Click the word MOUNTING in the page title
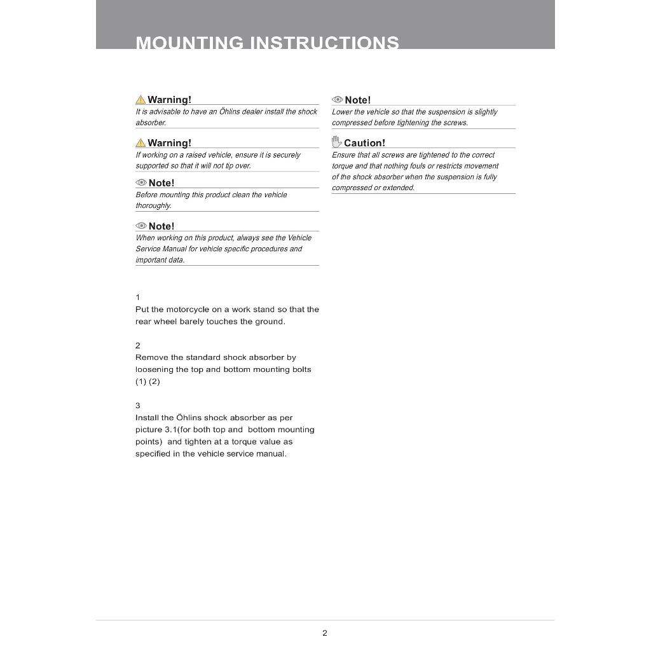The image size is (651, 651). (x=189, y=43)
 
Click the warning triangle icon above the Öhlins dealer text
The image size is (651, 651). (x=140, y=100)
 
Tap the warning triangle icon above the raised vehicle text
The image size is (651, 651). (x=140, y=143)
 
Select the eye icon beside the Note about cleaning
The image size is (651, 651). (x=141, y=183)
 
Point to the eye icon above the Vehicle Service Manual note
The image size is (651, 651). (x=141, y=226)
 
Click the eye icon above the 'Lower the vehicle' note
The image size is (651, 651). (x=338, y=100)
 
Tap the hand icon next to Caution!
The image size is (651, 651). (x=336, y=142)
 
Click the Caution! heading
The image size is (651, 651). (x=364, y=143)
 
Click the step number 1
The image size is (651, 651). (x=138, y=298)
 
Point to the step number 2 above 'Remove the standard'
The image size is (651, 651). (x=138, y=346)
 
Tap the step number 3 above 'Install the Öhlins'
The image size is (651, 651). (x=138, y=406)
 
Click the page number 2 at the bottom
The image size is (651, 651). (x=325, y=633)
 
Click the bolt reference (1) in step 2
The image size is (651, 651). (x=140, y=381)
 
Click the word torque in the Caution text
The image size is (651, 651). (x=342, y=166)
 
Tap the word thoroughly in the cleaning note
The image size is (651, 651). (x=153, y=206)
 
